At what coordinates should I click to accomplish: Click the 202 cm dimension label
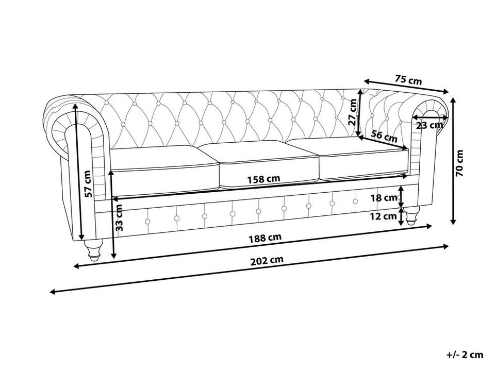pos(267,261)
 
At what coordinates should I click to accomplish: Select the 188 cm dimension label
pos(265,238)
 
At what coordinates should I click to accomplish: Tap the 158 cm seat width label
pos(263,179)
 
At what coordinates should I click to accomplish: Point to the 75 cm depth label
pos(408,80)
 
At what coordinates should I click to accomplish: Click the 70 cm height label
pos(460,163)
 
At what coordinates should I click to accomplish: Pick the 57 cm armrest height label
pos(89,183)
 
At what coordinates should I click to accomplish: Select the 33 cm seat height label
pos(119,217)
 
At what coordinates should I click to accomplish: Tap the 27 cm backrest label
pos(353,112)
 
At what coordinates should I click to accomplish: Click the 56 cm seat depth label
pos(384,136)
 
